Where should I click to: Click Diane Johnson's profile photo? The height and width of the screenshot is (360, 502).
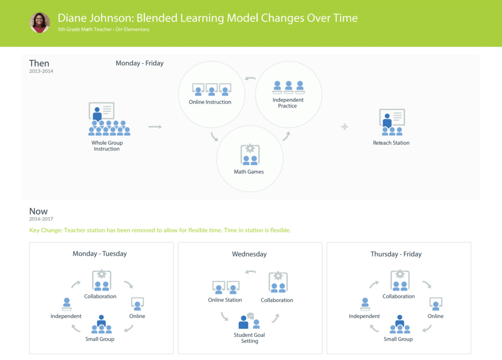pyautogui.click(x=40, y=23)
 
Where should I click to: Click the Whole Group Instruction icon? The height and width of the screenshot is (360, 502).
pyautogui.click(x=109, y=119)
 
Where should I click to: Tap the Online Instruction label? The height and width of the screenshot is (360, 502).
pyautogui.click(x=210, y=102)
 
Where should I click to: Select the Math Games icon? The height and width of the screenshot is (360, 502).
pyautogui.click(x=250, y=155)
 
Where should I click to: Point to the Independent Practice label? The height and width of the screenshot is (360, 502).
pyautogui.click(x=288, y=103)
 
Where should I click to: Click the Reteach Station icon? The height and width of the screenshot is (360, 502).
pyautogui.click(x=392, y=122)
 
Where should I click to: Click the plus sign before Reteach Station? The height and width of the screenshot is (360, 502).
pyautogui.click(x=345, y=127)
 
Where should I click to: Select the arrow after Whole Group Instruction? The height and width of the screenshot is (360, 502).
pyautogui.click(x=155, y=127)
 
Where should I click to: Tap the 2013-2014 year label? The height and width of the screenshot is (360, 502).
pyautogui.click(x=41, y=71)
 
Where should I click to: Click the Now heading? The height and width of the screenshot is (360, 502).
pyautogui.click(x=38, y=211)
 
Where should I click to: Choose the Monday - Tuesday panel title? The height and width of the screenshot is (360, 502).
pyautogui.click(x=100, y=253)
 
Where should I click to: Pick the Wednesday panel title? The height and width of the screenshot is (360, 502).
pyautogui.click(x=250, y=254)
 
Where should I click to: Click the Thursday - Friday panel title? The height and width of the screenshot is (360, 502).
pyautogui.click(x=396, y=254)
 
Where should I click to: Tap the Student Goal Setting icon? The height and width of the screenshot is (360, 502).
pyautogui.click(x=250, y=321)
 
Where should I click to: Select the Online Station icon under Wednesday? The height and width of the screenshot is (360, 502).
pyautogui.click(x=226, y=287)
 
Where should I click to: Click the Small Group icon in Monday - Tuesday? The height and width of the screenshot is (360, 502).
pyautogui.click(x=101, y=324)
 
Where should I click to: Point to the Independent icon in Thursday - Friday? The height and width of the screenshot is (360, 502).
pyautogui.click(x=365, y=304)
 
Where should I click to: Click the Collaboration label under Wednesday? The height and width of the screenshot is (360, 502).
pyautogui.click(x=276, y=300)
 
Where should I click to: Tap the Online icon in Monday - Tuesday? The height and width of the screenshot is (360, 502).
pyautogui.click(x=137, y=304)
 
